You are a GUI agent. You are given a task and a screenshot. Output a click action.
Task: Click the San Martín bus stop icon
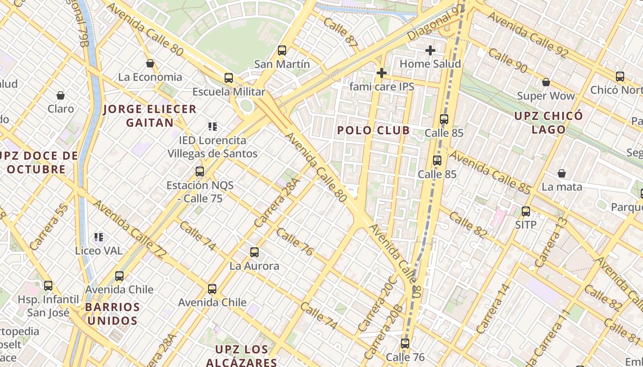pyautogui.click(x=282, y=50)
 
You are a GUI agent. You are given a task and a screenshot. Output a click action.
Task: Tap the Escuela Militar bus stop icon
pyautogui.click(x=228, y=78)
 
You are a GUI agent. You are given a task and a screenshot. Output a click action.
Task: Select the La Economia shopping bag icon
pyautogui.click(x=150, y=63)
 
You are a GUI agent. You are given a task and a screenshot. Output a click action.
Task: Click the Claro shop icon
pyautogui.click(x=61, y=95)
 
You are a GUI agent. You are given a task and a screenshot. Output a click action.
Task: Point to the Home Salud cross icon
pyautogui.click(x=430, y=50)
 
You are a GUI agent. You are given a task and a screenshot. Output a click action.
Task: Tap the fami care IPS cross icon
pyautogui.click(x=381, y=73)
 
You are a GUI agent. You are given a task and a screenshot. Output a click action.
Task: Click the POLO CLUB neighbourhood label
pyautogui.click(x=373, y=130)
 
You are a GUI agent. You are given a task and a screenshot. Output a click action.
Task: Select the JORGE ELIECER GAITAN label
pyautogui.click(x=150, y=116)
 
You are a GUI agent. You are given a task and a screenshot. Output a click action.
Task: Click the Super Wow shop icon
pyautogui.click(x=546, y=82)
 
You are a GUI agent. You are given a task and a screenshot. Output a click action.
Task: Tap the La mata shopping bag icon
pyautogui.click(x=561, y=173)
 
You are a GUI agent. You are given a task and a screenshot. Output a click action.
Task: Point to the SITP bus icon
pyautogui.click(x=526, y=211)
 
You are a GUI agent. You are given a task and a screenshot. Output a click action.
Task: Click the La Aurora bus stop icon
pyautogui.click(x=254, y=252)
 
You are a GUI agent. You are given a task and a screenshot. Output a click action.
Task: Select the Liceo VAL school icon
pyautogui.click(x=99, y=237)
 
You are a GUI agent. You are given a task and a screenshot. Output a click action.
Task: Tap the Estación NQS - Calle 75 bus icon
pyautogui.click(x=200, y=172)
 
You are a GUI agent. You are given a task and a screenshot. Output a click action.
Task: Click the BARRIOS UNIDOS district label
pyautogui.click(x=112, y=314)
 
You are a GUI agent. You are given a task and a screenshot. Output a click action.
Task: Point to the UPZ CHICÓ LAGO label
pyautogui.click(x=548, y=122)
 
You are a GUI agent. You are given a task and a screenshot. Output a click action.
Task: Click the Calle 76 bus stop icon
pyautogui.click(x=405, y=343)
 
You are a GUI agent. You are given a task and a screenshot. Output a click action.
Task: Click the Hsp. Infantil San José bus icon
pyautogui.click(x=48, y=286)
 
